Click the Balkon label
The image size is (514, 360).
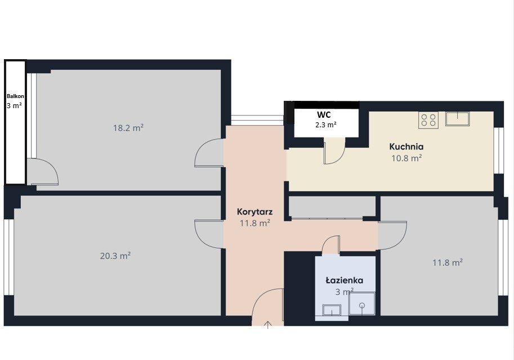click(15, 96)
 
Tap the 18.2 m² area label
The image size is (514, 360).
click(128, 128)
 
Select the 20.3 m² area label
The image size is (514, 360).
click(115, 255)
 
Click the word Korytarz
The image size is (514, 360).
click(254, 212)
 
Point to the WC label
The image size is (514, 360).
click(324, 114)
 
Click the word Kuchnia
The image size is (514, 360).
click(406, 146)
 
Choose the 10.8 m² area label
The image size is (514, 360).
click(406, 158)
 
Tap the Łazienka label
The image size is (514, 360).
click(344, 280)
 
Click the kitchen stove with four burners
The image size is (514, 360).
click(428, 120)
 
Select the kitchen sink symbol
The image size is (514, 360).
click(457, 119)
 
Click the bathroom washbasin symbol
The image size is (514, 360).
click(332, 310)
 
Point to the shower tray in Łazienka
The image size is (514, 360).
click(362, 304)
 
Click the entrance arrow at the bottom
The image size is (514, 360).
click(268, 325)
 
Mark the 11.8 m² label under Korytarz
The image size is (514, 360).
click(254, 223)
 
